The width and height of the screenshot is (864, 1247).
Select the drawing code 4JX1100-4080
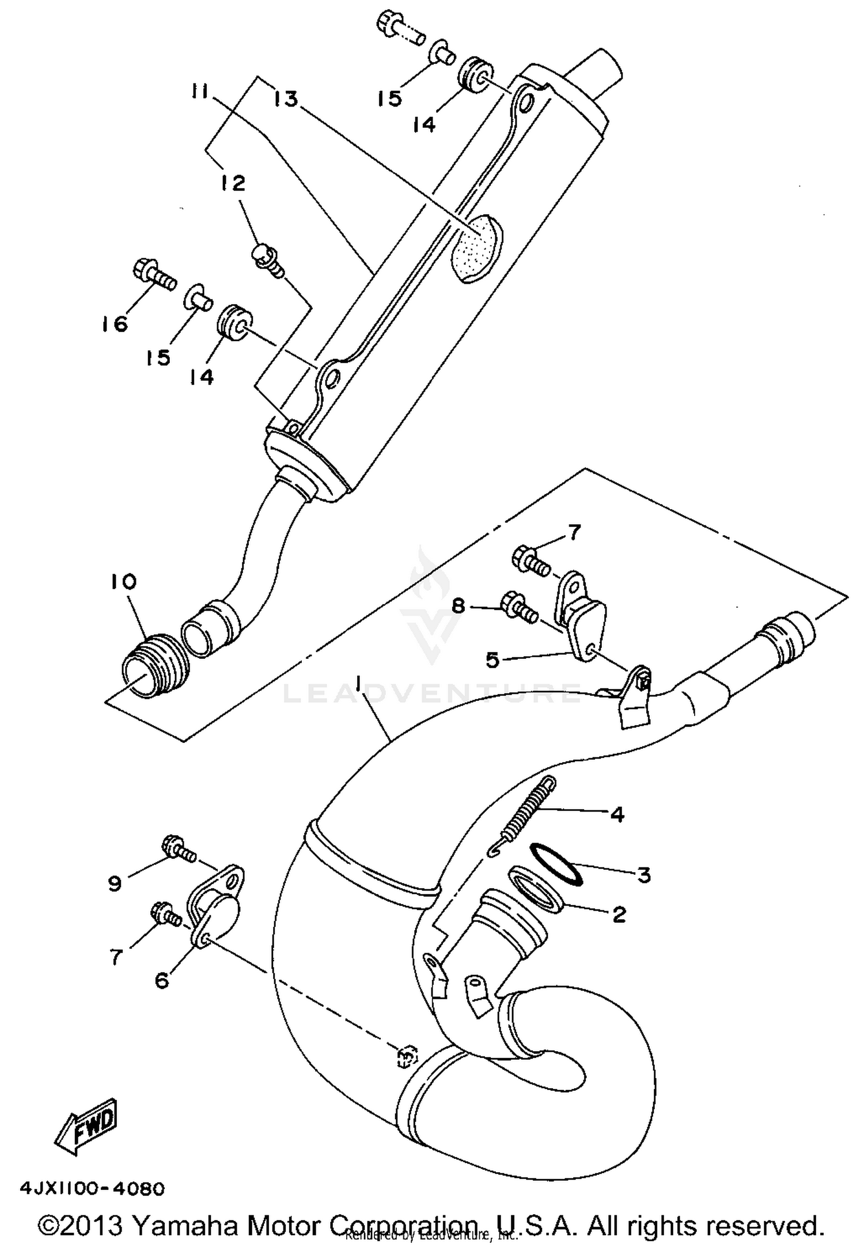click(x=93, y=1188)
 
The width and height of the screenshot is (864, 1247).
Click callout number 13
click(x=286, y=98)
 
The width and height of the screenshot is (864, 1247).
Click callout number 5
click(x=492, y=660)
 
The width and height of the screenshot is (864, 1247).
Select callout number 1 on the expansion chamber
click(x=358, y=684)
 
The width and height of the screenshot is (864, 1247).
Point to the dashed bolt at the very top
click(x=401, y=29)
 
